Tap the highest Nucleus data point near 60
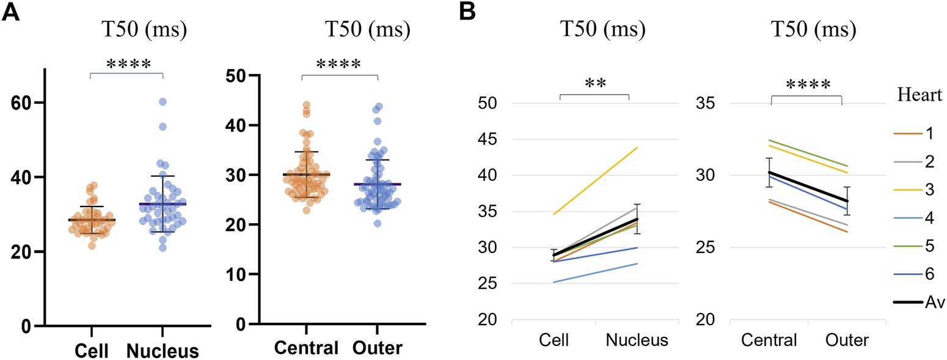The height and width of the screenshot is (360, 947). [x=163, y=101]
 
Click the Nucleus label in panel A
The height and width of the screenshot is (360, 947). [x=163, y=351]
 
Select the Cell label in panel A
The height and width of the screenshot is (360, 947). [x=92, y=351]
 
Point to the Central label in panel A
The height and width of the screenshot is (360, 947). [x=307, y=349]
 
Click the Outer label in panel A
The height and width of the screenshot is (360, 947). [x=378, y=349]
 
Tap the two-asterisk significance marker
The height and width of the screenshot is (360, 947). [x=593, y=84]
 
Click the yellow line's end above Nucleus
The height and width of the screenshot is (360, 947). [x=637, y=147]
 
